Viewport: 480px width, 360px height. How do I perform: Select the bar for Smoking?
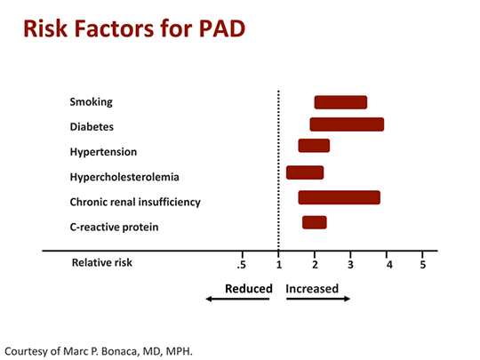tap(340, 102)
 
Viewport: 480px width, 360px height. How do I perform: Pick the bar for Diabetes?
tap(347, 124)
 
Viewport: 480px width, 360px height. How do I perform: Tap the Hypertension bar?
tap(314, 146)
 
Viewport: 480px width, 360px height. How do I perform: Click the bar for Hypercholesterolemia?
tap(305, 172)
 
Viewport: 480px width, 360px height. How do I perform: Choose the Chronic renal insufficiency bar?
tap(340, 197)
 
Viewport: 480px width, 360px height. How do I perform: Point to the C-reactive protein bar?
tap(315, 222)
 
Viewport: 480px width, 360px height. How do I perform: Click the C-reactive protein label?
tap(115, 227)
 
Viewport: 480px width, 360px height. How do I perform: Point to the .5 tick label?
tap(241, 264)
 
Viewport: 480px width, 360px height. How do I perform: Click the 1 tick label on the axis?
tap(279, 264)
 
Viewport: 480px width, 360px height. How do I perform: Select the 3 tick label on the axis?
tap(351, 264)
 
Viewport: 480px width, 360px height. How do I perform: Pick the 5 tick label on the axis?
tap(422, 264)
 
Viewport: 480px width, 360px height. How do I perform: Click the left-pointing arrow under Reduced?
tap(237, 300)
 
